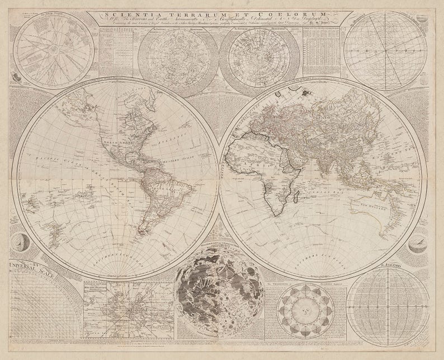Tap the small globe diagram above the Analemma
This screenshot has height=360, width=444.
(417, 242)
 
